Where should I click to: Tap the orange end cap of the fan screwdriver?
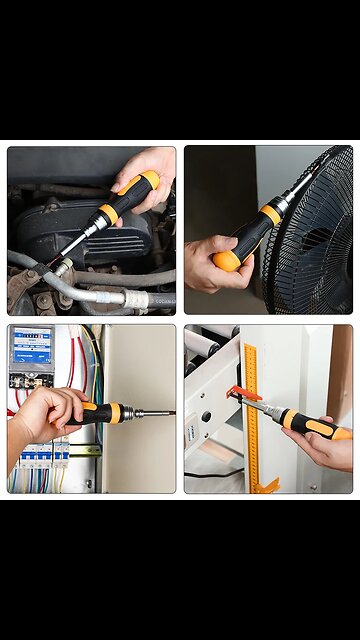225,262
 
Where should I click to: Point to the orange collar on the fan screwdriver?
270,213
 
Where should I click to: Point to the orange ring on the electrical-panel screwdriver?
115,412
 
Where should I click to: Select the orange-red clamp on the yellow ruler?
242,393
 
